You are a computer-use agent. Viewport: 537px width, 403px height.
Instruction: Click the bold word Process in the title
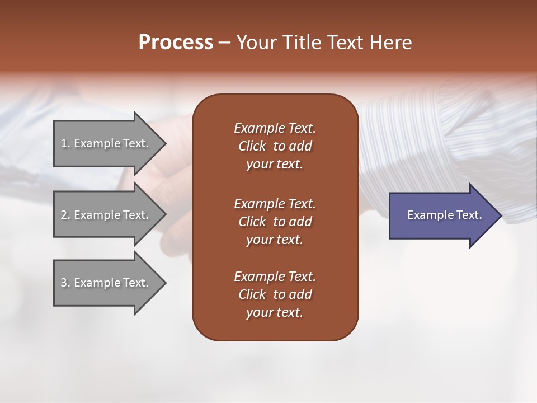(x=176, y=43)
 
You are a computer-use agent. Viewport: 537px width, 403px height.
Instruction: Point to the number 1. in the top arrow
(x=65, y=144)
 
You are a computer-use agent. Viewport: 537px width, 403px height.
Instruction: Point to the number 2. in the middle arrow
(x=65, y=215)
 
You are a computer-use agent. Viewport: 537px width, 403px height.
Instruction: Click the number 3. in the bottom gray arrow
(x=65, y=283)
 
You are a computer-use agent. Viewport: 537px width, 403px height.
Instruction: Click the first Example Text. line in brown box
(x=275, y=128)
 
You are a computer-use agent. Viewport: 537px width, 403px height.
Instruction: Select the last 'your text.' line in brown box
(x=275, y=313)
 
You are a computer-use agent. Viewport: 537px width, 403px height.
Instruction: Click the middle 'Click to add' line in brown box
(x=275, y=222)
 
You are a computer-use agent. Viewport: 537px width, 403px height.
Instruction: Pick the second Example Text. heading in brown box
(x=275, y=204)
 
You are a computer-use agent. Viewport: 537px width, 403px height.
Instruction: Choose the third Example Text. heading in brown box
(x=275, y=277)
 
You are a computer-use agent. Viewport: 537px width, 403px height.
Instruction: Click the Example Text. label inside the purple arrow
(x=444, y=215)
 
